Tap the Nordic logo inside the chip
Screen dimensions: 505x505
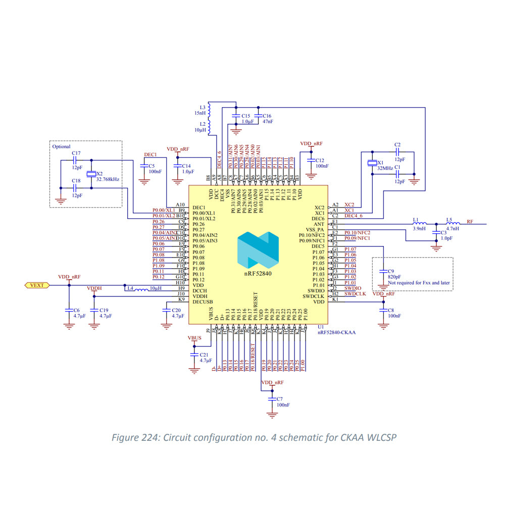tap(258, 250)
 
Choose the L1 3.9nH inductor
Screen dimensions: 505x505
tap(419, 223)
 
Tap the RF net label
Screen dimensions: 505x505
tap(470, 221)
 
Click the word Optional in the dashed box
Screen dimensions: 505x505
tap(62, 146)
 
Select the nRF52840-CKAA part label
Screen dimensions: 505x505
tap(337, 333)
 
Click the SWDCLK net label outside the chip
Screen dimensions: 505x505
tap(355, 293)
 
